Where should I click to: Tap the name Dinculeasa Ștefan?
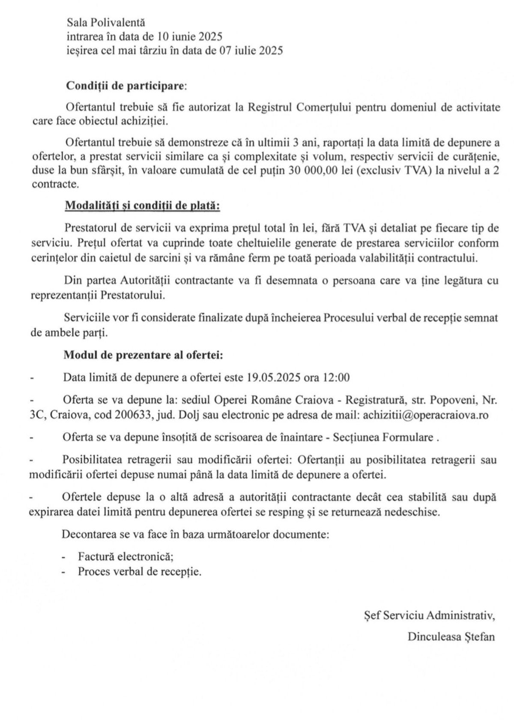click(451, 636)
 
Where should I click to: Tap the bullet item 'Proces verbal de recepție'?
click(139, 571)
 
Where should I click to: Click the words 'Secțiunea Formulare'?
click(393, 438)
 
